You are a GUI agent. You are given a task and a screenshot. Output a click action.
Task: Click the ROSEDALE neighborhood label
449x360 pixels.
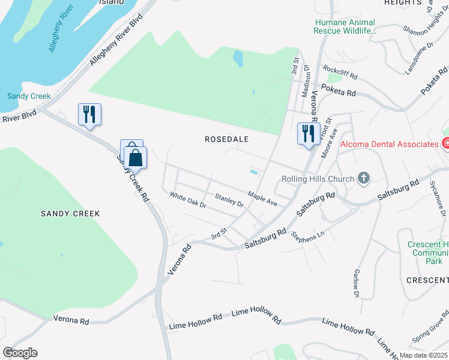(227, 139)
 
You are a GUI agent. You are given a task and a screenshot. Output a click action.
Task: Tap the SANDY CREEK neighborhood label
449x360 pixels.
(70, 214)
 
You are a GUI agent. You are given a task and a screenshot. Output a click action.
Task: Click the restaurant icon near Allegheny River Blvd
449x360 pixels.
(89, 115)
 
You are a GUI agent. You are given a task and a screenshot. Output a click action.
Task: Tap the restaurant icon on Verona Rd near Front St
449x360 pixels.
(309, 134)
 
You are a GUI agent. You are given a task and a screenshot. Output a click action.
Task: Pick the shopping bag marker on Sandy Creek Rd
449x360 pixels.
(136, 158)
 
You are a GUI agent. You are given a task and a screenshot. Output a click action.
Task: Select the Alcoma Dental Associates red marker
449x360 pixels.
(445, 144)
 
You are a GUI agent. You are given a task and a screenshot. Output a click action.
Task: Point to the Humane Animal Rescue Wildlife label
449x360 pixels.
(345, 27)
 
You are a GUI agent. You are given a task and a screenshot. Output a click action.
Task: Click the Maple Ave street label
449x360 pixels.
(263, 199)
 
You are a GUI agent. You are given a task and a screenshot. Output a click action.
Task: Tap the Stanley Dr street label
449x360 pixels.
(229, 200)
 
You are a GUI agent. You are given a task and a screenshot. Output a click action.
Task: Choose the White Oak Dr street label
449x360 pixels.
(188, 200)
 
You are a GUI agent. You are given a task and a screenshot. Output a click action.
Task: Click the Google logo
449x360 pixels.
(20, 353)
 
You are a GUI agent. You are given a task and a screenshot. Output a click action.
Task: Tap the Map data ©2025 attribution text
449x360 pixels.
(424, 355)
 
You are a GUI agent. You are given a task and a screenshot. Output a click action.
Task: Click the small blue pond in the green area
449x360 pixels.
(238, 58)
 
